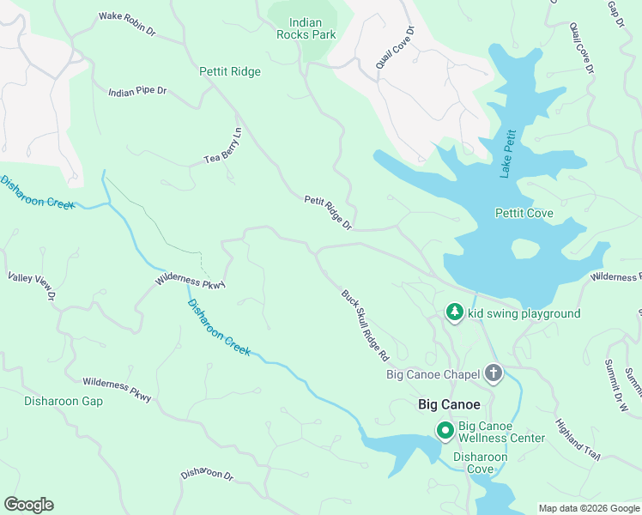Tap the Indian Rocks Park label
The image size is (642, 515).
click(306, 27)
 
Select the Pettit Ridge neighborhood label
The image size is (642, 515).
click(230, 72)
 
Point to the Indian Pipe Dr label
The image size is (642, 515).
click(137, 91)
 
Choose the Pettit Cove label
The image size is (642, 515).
click(524, 213)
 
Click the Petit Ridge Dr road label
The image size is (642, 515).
click(329, 212)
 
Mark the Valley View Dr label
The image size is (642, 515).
click(32, 286)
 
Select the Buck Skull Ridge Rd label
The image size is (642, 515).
click(366, 324)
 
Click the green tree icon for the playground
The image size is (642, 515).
click(455, 313)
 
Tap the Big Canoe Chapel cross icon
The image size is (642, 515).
click(493, 373)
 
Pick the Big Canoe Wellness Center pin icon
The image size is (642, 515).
click(445, 430)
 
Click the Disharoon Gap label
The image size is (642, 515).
click(51, 401)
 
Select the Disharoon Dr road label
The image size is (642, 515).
click(207, 474)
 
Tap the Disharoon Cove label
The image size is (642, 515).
click(480, 463)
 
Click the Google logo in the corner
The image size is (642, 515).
click(28, 505)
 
